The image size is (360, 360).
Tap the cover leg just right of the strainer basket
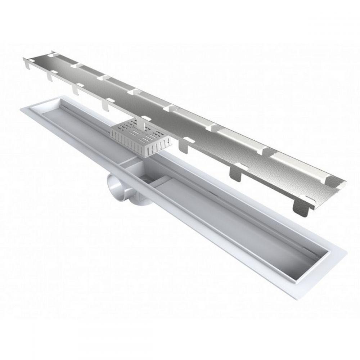[x=184, y=145]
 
